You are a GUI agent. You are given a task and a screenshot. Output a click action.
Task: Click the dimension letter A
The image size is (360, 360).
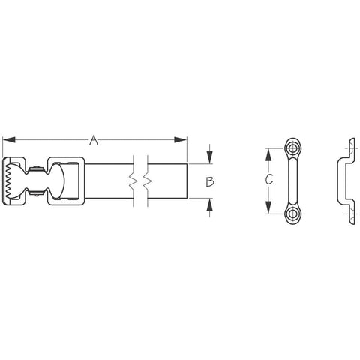click(x=94, y=140)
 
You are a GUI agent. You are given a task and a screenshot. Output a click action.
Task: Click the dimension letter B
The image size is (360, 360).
click(x=209, y=181)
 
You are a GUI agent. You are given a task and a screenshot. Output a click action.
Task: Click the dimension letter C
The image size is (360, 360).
click(x=269, y=179)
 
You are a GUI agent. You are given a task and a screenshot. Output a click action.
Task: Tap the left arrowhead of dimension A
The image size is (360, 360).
click(x=9, y=140)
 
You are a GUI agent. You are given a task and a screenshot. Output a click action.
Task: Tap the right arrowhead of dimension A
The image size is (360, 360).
click(x=181, y=140)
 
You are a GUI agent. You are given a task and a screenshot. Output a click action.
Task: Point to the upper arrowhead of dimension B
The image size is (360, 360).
click(x=210, y=157)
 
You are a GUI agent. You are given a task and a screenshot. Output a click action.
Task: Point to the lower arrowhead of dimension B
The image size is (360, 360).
click(x=210, y=205)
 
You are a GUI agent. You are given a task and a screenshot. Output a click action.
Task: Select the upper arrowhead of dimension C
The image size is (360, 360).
click(x=268, y=155)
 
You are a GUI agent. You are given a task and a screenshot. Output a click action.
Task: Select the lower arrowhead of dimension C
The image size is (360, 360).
click(x=268, y=208)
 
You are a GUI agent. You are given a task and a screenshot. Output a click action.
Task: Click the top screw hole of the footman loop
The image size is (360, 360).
click(x=292, y=149)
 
